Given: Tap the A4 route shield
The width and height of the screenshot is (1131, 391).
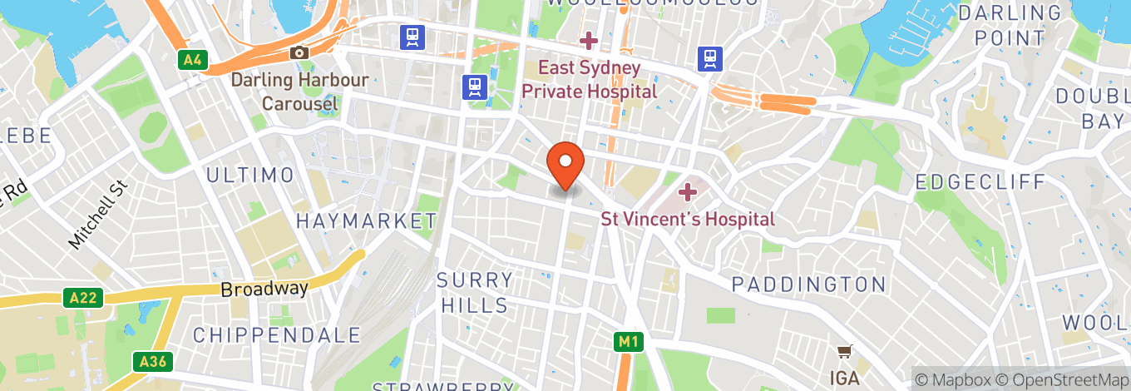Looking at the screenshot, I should click(192, 60).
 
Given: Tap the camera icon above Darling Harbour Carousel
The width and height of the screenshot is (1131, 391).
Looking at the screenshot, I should click(299, 53).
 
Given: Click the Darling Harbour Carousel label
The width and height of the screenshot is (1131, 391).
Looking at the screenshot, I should click(299, 92).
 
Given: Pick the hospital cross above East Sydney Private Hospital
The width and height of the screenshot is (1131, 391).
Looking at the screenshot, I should click(589, 40).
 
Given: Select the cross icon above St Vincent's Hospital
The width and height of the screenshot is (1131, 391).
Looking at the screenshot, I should click(687, 193).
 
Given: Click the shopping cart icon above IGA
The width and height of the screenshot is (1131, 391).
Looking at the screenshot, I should click(845, 352).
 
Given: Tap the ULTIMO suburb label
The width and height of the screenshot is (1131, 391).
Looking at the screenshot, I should click(250, 176).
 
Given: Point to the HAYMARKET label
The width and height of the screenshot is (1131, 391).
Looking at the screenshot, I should click(366, 221).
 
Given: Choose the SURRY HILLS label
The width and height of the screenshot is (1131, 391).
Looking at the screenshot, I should click(475, 292).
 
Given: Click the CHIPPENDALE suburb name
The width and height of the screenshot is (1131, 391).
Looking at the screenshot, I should click(278, 335).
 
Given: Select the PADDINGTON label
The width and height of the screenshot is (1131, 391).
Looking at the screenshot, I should click(809, 285).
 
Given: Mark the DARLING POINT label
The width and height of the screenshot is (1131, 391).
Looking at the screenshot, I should click(1010, 26).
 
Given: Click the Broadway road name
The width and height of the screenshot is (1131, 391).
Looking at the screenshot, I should click(264, 290).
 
